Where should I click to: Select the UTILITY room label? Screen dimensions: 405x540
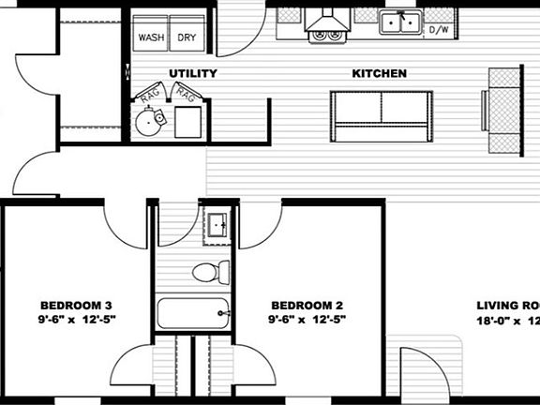click(x=193, y=73)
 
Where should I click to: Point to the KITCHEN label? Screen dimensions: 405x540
click(x=379, y=73)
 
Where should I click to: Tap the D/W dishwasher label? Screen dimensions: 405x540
click(x=438, y=29)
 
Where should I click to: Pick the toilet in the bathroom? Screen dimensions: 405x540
click(x=211, y=272)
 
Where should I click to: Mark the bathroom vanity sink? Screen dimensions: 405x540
click(x=217, y=225)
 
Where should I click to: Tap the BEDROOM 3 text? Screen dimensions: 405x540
click(x=77, y=306)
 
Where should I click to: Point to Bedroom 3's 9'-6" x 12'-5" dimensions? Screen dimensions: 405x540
click(x=77, y=320)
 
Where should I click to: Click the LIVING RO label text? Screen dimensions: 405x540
click(x=507, y=306)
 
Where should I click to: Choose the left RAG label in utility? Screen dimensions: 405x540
click(x=149, y=95)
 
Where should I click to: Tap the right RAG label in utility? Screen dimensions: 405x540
click(x=185, y=95)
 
